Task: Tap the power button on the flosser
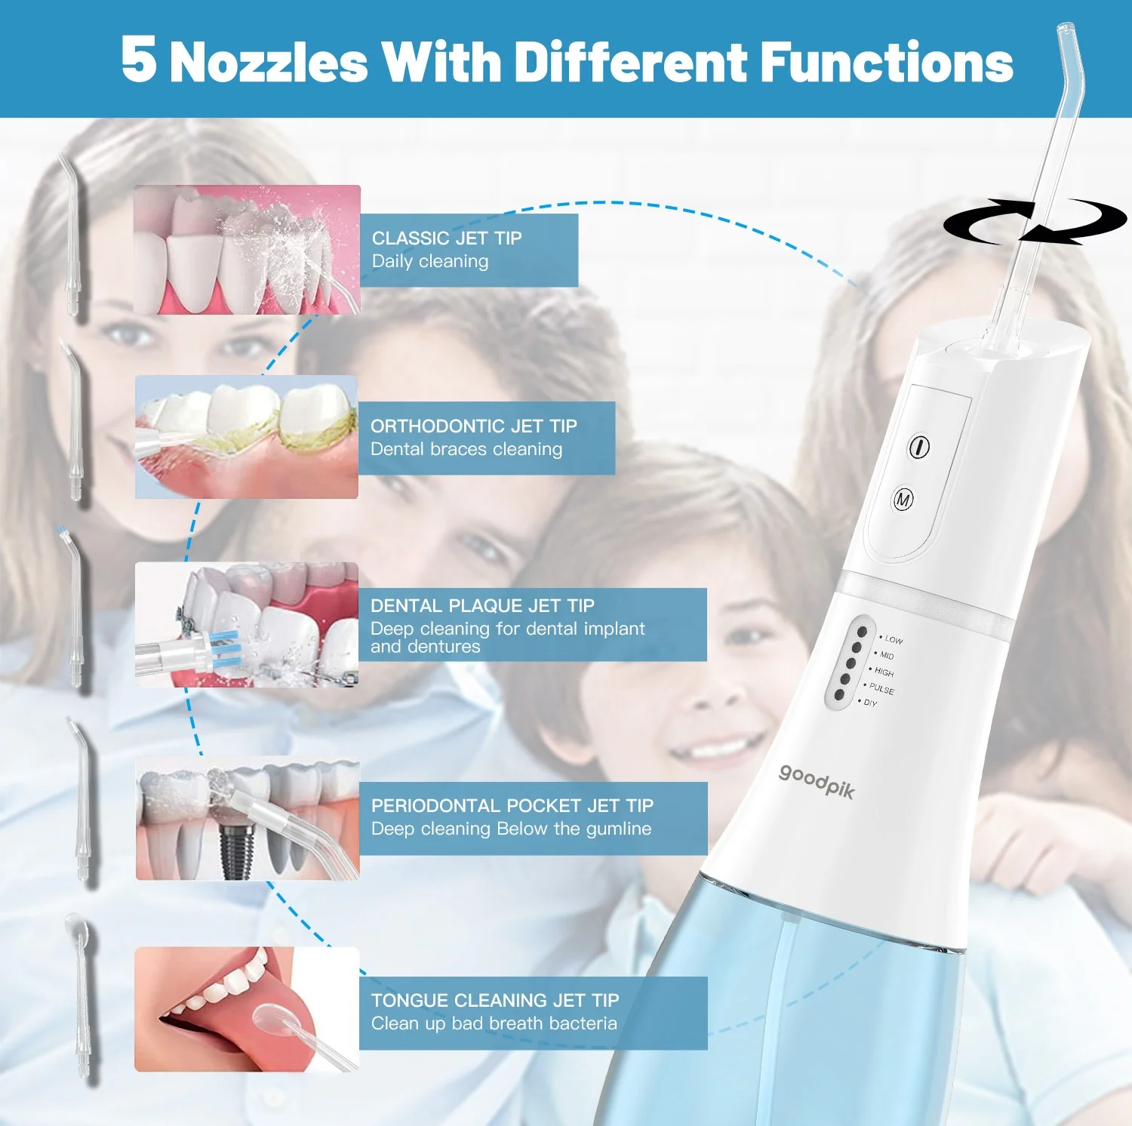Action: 918,447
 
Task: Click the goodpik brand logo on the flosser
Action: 817,780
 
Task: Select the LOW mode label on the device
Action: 894,639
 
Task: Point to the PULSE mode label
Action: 881,689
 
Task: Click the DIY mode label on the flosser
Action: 870,703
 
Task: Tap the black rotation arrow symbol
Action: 1035,222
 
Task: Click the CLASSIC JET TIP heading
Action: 447,238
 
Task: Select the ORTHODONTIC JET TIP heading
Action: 473,426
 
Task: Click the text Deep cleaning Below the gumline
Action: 511,829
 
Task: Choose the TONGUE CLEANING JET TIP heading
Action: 494,1001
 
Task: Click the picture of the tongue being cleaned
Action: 247,1009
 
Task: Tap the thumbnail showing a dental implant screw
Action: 248,818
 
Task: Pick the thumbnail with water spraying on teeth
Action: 247,249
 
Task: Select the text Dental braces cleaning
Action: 466,450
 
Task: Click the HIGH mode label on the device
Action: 884,672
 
